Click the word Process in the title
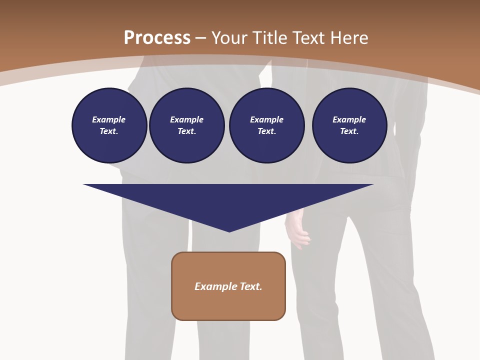point(157,38)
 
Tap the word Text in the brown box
point(251,286)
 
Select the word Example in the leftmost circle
point(109,119)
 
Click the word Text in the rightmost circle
point(349,131)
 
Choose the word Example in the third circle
point(266,119)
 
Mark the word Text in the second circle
point(186,131)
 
